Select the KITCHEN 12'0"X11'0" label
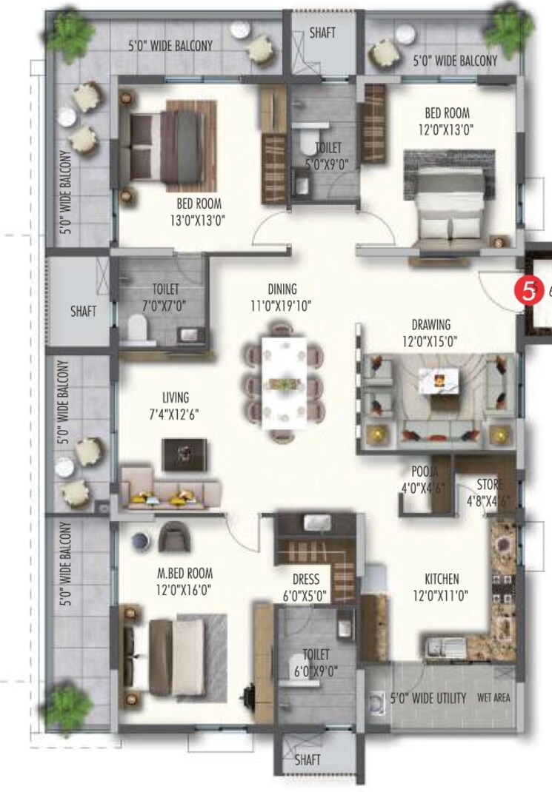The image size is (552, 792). click(x=442, y=585)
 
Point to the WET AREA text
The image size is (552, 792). click(x=493, y=697)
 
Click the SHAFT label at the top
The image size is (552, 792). click(x=322, y=33)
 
